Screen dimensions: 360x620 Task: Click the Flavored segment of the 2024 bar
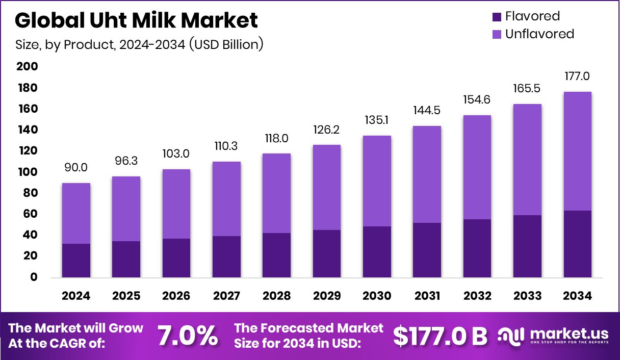(76, 261)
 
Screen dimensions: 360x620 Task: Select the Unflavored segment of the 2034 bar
(578, 151)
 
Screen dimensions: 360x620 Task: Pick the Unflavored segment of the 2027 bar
(226, 199)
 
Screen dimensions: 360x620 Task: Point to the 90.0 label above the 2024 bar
(76, 167)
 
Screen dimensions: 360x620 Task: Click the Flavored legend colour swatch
(497, 17)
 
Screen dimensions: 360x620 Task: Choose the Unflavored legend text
(539, 34)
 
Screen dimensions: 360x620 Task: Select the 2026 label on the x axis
(176, 296)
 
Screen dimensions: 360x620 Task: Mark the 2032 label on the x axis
(477, 296)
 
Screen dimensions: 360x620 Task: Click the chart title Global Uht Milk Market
(136, 20)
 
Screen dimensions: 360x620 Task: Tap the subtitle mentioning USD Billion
(139, 44)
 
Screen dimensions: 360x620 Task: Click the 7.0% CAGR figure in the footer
(187, 336)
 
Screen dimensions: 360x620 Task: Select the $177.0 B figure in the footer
(440, 336)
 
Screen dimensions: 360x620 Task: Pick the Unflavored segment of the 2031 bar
(427, 174)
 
